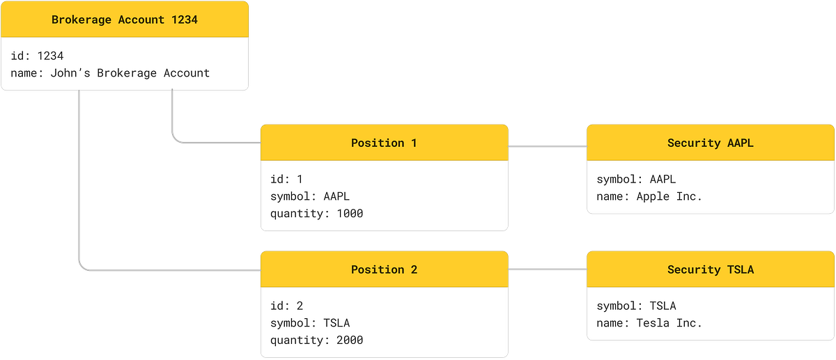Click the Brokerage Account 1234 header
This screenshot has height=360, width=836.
coord(125,19)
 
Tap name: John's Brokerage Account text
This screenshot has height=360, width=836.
coord(111,72)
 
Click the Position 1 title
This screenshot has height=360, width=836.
coord(384,143)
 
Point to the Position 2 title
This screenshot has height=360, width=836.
coord(384,269)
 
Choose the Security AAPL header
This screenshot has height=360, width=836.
coord(710,143)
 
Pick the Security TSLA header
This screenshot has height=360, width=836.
coord(710,269)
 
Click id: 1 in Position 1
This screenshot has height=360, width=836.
coord(286,180)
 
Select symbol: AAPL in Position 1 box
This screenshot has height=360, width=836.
coord(310,196)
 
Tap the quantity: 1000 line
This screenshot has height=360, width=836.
coord(316,214)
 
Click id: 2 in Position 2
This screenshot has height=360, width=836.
coord(286,306)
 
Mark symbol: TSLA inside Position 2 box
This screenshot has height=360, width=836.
coord(310,323)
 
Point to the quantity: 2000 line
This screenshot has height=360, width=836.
coord(316,341)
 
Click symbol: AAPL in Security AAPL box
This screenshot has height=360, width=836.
coord(636,180)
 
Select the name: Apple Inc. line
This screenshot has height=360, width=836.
coord(649,196)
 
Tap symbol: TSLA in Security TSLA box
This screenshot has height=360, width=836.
coord(636,306)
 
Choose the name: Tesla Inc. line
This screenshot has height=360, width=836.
coord(649,323)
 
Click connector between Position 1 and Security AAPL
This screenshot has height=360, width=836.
coord(548,147)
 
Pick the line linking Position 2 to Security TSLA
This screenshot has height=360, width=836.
coord(548,269)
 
